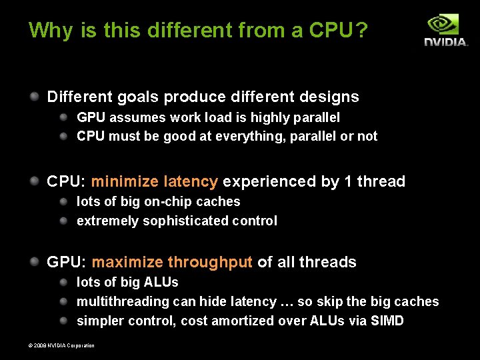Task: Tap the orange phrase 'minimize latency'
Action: [154, 181]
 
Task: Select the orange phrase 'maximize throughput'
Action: [172, 262]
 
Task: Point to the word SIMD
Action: [388, 321]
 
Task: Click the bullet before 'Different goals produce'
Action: [34, 96]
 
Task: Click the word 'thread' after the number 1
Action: [381, 181]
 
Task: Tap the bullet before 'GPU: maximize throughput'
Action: [34, 261]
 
